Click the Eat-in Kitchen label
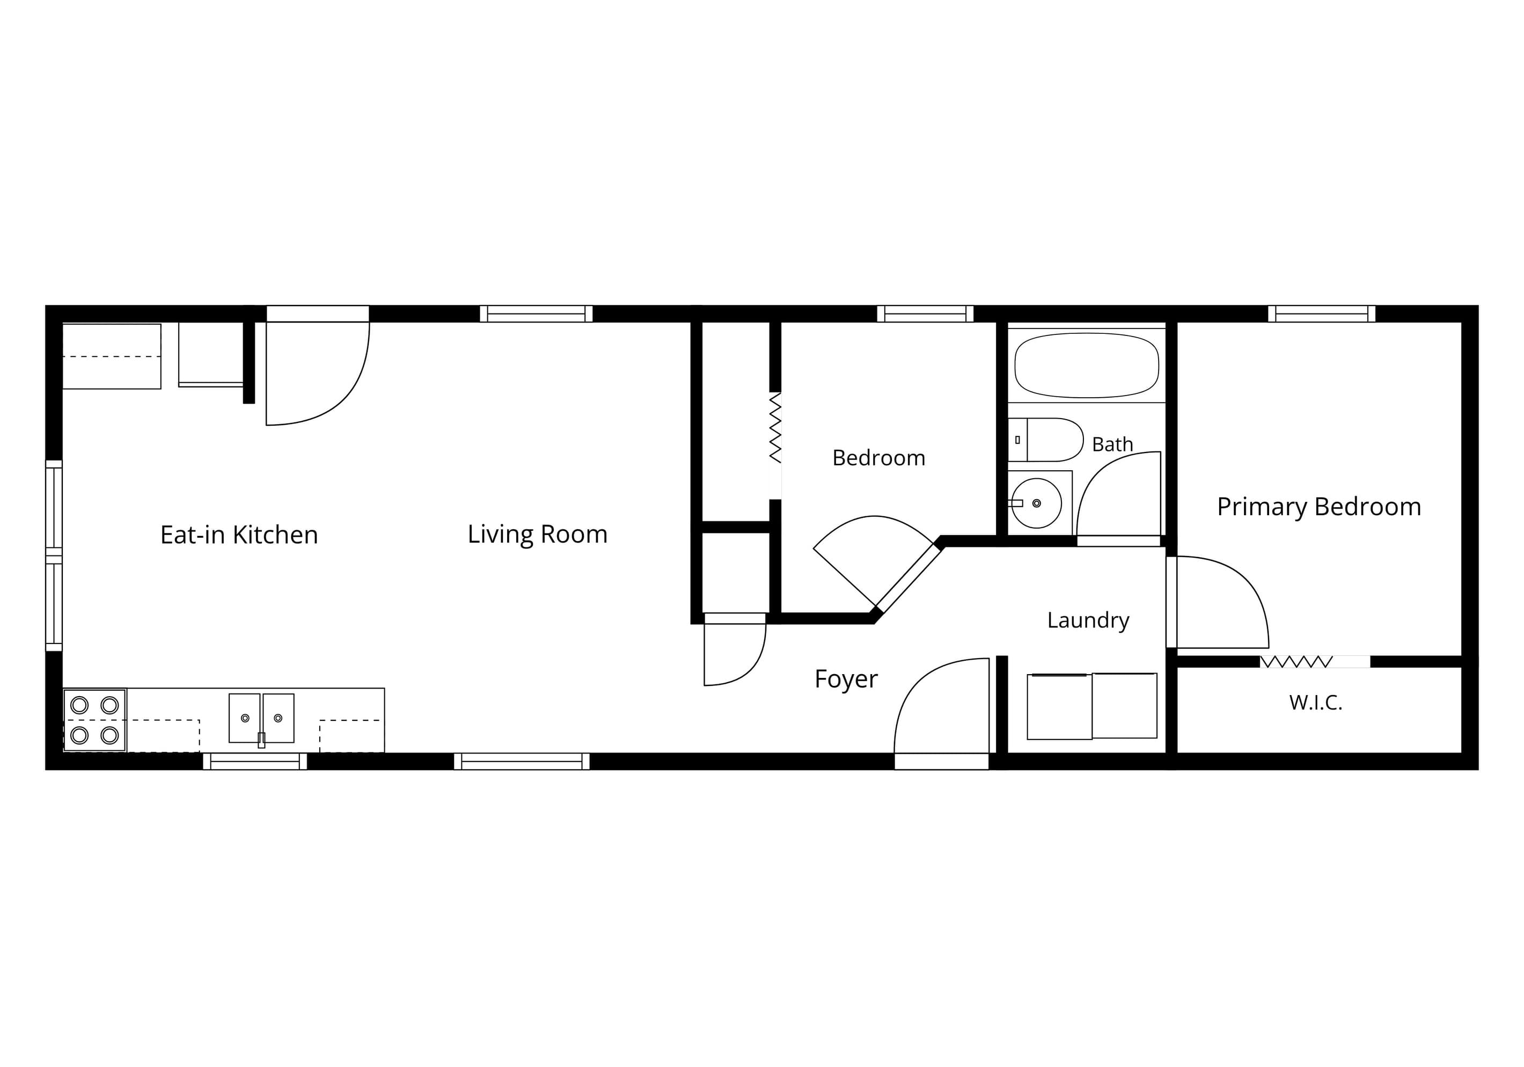click(239, 535)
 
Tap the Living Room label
click(538, 534)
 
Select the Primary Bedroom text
click(1319, 507)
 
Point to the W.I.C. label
click(1316, 703)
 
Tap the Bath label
click(1112, 444)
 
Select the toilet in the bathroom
click(1045, 440)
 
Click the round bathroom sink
click(1036, 503)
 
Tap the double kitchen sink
click(261, 719)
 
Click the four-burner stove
click(95, 720)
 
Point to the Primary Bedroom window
click(1322, 313)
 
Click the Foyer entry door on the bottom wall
click(942, 714)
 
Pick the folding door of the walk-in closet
click(1295, 661)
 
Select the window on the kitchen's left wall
click(54, 556)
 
